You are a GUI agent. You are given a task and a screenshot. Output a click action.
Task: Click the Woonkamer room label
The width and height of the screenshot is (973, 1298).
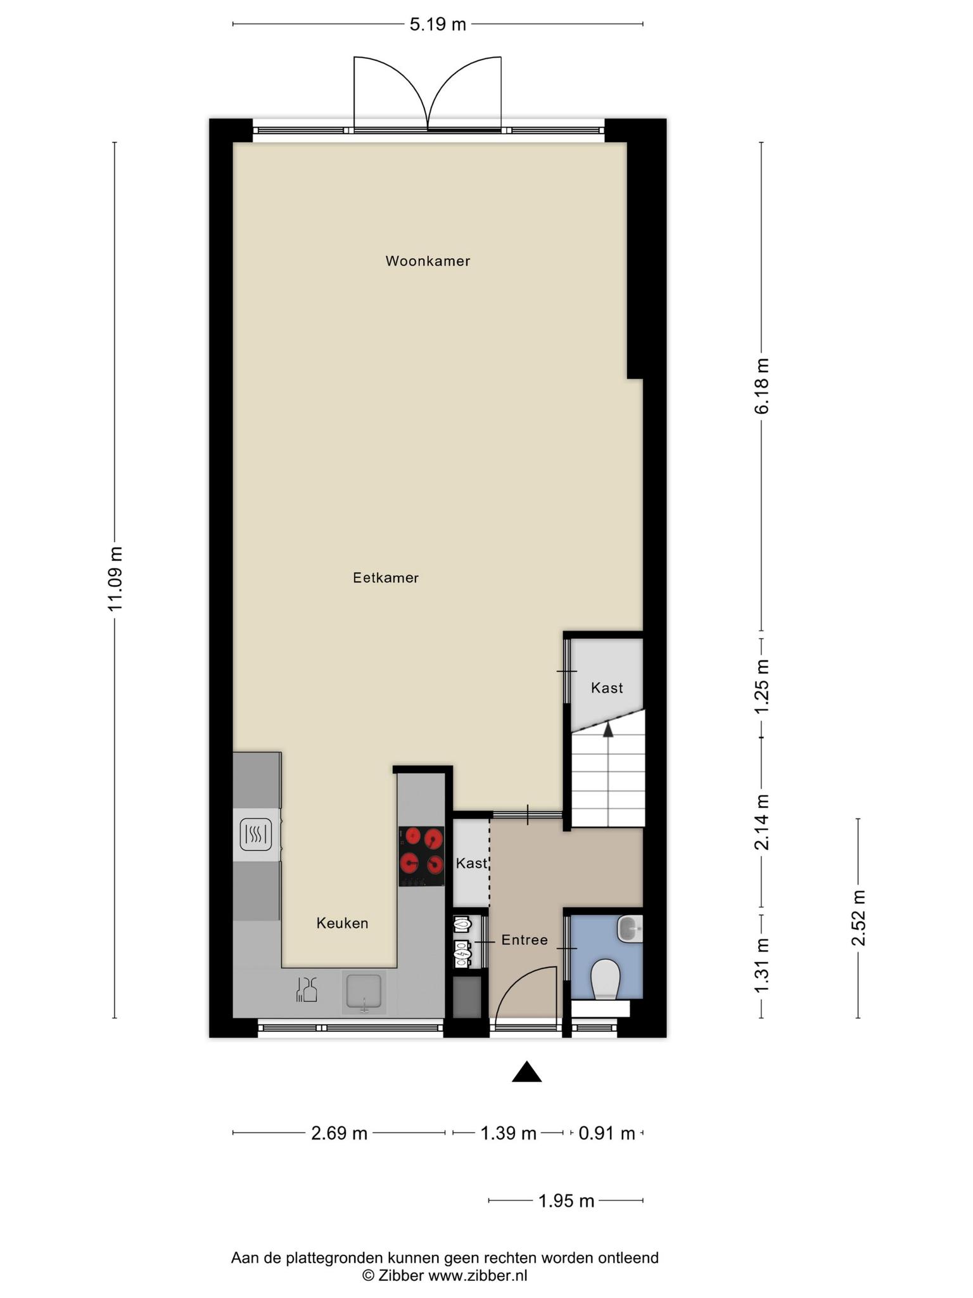[428, 261]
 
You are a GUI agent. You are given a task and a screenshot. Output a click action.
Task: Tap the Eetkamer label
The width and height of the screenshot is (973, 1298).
[386, 578]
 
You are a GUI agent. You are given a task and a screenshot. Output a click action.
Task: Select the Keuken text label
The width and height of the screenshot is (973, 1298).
[342, 923]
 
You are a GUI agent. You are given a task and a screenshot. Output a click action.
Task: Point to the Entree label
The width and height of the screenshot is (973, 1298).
[525, 940]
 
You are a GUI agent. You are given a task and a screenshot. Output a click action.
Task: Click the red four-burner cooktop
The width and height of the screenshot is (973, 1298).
[421, 856]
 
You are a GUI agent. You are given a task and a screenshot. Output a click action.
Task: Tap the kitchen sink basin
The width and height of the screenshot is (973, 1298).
[364, 991]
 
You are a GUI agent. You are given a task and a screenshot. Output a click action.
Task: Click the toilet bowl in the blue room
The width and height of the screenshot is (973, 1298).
[605, 979]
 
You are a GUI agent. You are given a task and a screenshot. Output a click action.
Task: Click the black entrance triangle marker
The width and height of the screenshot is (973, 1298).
[526, 1072]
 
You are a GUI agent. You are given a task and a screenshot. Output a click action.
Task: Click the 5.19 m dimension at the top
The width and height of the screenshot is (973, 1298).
[438, 25]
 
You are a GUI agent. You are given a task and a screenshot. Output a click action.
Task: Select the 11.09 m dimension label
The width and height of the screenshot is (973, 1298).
[115, 579]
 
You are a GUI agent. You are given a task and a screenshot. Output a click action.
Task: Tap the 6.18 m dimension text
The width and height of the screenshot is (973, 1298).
[762, 386]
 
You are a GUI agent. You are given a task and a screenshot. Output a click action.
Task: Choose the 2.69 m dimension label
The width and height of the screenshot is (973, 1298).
[339, 1133]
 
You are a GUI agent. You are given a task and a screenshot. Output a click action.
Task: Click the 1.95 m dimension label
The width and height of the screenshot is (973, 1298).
[566, 1200]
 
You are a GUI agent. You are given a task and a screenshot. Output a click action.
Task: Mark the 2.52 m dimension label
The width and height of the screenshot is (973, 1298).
[858, 918]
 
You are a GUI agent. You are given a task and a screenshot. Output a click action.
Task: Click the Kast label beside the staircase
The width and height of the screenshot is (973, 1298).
[607, 688]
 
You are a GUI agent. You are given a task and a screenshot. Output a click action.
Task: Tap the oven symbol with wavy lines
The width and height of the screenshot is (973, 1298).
[256, 834]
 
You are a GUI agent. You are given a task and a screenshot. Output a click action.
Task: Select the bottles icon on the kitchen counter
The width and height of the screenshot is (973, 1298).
[307, 989]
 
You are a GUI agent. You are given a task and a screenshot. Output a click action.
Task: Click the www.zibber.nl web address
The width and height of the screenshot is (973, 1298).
[478, 1276]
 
